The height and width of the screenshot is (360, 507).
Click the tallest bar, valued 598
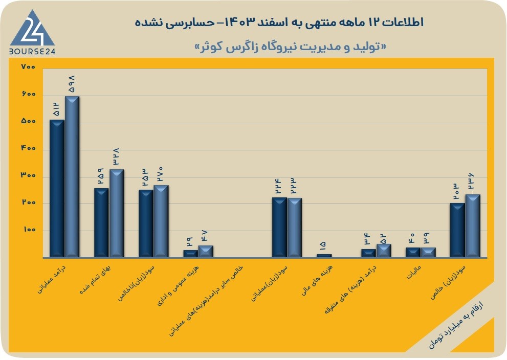tap(72, 177)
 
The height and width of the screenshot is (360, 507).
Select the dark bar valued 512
tap(57, 189)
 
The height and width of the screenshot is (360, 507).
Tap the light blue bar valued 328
tap(117, 213)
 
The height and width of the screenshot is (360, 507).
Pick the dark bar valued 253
tap(146, 223)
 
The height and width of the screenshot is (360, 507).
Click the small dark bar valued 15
tap(324, 256)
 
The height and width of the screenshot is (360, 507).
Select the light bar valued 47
tap(206, 252)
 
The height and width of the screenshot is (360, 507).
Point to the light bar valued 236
tap(473, 226)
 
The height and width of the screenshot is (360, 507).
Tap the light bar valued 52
tap(384, 251)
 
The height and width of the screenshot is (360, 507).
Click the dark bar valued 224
tap(279, 228)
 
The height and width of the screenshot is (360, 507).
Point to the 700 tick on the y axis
tap(28, 67)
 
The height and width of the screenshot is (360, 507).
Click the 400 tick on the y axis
tap(28, 148)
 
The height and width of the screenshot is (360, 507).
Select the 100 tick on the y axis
tap(29, 230)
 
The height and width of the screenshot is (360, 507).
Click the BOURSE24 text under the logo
tap(32, 51)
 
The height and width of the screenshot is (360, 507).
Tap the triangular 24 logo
tap(32, 29)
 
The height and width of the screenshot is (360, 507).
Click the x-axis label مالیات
tap(414, 273)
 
